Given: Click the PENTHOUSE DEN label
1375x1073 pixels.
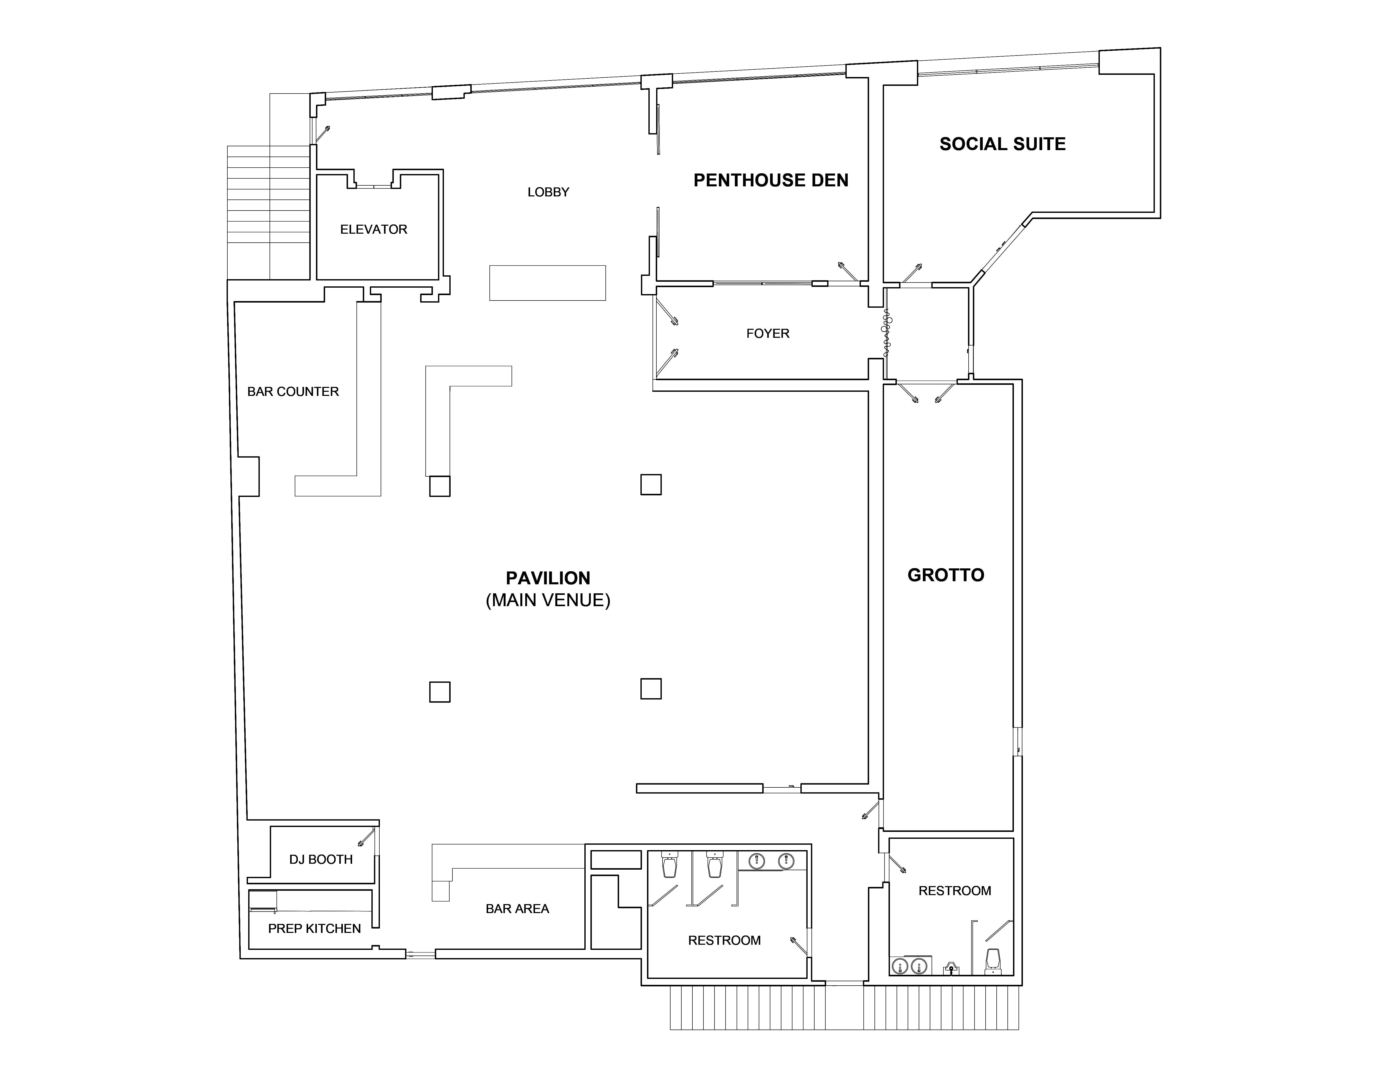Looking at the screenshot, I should tap(771, 181).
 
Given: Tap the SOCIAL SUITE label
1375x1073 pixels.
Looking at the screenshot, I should tap(1002, 144).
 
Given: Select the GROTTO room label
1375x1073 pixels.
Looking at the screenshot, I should tap(946, 575).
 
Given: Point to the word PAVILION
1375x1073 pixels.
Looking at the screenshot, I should tap(548, 578).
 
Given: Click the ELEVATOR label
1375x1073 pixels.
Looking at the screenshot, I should tap(373, 230).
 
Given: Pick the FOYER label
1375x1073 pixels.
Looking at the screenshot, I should tap(767, 333).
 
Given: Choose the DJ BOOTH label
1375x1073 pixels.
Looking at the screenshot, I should tap(320, 860).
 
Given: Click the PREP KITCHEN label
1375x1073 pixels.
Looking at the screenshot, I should tap(314, 929).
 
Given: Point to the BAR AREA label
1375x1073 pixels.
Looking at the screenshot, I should tap(517, 909).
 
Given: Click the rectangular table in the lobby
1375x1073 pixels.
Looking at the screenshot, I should tap(547, 283).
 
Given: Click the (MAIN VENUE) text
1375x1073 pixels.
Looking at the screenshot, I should tap(548, 600).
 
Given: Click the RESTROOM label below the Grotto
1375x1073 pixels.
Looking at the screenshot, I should tap(954, 891).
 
